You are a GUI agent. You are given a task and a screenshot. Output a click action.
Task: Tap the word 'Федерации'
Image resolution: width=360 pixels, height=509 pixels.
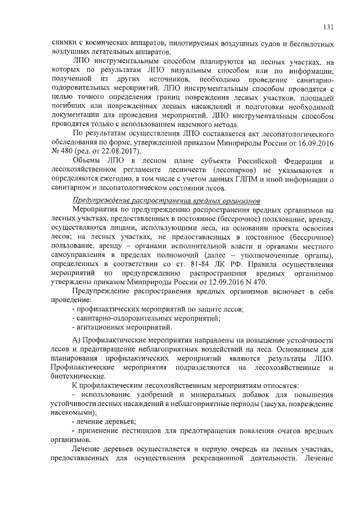295,162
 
